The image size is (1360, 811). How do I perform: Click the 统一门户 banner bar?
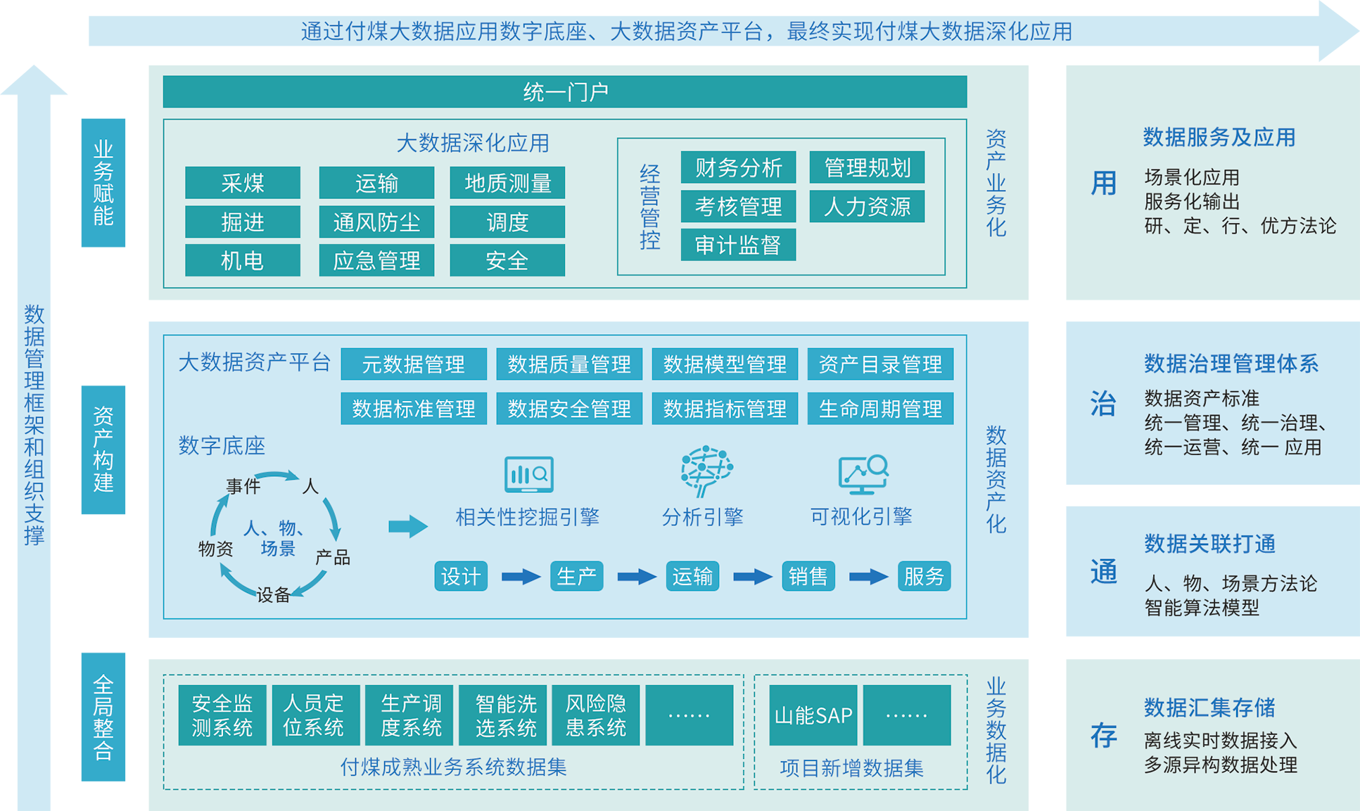tap(564, 92)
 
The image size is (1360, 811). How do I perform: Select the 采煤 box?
tap(243, 184)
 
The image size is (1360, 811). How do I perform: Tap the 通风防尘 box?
tap(376, 222)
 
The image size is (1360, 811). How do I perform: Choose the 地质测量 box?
tap(507, 184)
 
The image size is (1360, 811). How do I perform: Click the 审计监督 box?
tap(738, 245)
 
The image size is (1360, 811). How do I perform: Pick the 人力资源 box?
tap(867, 207)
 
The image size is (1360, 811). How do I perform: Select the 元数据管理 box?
tap(414, 364)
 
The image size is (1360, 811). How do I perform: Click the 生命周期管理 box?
tap(880, 409)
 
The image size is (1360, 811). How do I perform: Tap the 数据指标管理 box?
tap(725, 409)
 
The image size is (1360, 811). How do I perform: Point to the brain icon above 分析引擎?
tap(706, 471)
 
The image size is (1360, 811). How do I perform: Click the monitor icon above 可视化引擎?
tap(863, 474)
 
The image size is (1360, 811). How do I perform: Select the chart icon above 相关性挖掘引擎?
tap(529, 474)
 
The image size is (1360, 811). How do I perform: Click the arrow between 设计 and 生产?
tap(521, 577)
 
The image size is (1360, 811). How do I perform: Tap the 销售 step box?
tap(808, 577)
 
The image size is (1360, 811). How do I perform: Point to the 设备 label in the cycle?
tap(273, 595)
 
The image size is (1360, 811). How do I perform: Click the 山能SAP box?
tap(813, 715)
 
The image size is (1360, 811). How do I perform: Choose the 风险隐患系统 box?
tap(596, 715)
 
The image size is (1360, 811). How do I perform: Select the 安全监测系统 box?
tap(222, 715)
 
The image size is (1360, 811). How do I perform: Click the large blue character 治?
tap(1103, 404)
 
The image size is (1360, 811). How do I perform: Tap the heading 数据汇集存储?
tap(1209, 707)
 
